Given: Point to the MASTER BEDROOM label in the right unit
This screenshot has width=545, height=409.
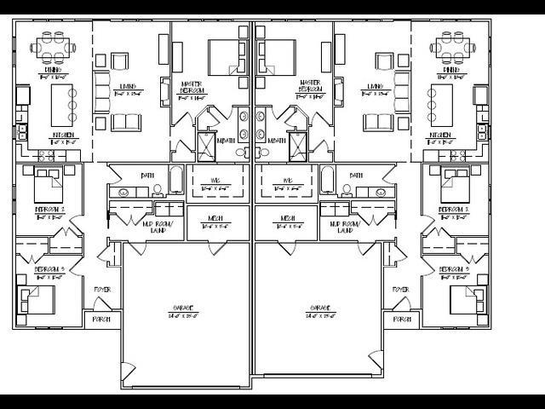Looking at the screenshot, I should tap(310, 87).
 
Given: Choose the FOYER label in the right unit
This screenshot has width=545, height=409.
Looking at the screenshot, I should tap(400, 290).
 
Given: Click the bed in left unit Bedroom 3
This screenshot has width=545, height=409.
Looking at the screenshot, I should tap(38, 299).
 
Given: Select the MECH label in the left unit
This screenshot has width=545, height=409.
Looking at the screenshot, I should tap(216, 220).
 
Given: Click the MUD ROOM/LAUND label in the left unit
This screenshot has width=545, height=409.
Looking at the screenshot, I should tap(158, 227).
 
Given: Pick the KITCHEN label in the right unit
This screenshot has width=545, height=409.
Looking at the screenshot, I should tap(440, 135).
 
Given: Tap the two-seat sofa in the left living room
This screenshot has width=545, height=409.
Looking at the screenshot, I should tap(125, 122).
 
